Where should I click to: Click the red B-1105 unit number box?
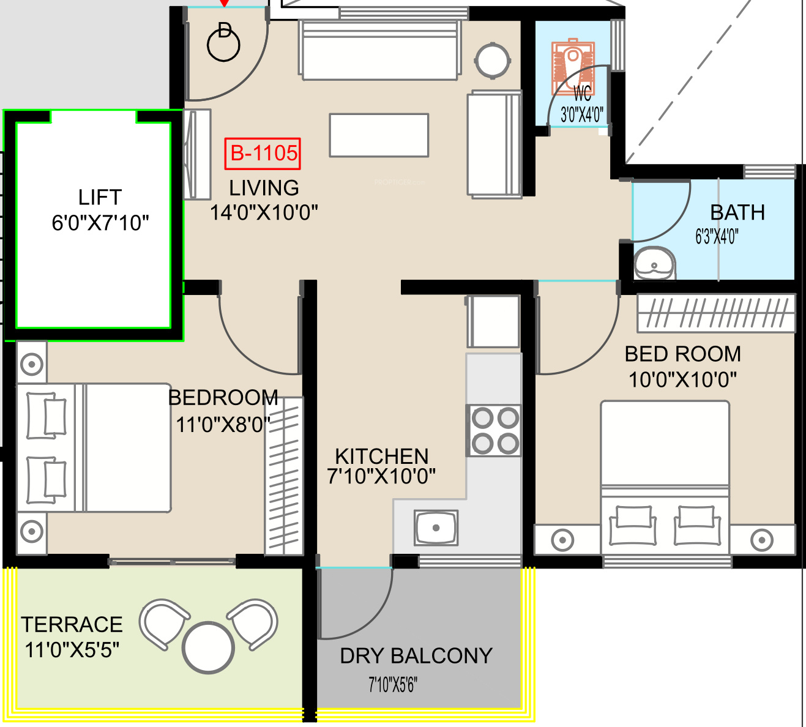263,154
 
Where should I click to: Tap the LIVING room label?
264,188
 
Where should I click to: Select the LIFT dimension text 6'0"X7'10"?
100,223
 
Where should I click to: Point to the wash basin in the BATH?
654,264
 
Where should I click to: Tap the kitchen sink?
436,528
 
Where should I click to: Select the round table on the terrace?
208,648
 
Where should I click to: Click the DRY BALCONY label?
416,656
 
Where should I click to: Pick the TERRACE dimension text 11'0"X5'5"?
72,650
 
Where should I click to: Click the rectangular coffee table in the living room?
379,135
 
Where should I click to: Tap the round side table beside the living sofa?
493,61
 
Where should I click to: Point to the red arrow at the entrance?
225,3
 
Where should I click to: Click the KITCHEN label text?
382,457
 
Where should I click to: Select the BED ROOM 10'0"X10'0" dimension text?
682,380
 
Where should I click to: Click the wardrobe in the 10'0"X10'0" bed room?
716,313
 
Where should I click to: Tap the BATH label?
737,212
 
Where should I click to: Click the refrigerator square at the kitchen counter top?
494,321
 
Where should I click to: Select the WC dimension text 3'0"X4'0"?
582,115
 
